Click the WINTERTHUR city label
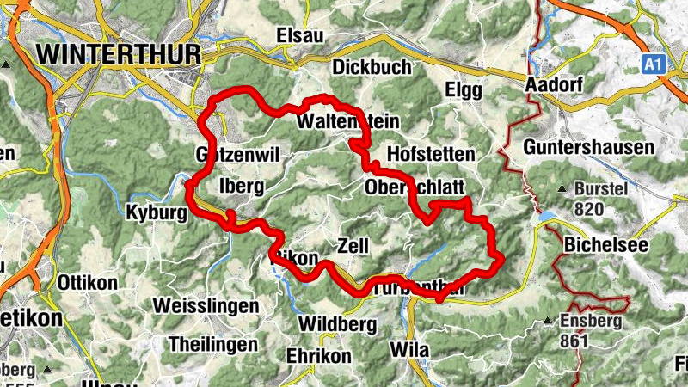[120, 53]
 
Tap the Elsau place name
[298, 35]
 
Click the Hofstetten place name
[432, 154]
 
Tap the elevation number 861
[573, 341]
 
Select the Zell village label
[353, 245]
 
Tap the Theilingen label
[214, 343]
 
